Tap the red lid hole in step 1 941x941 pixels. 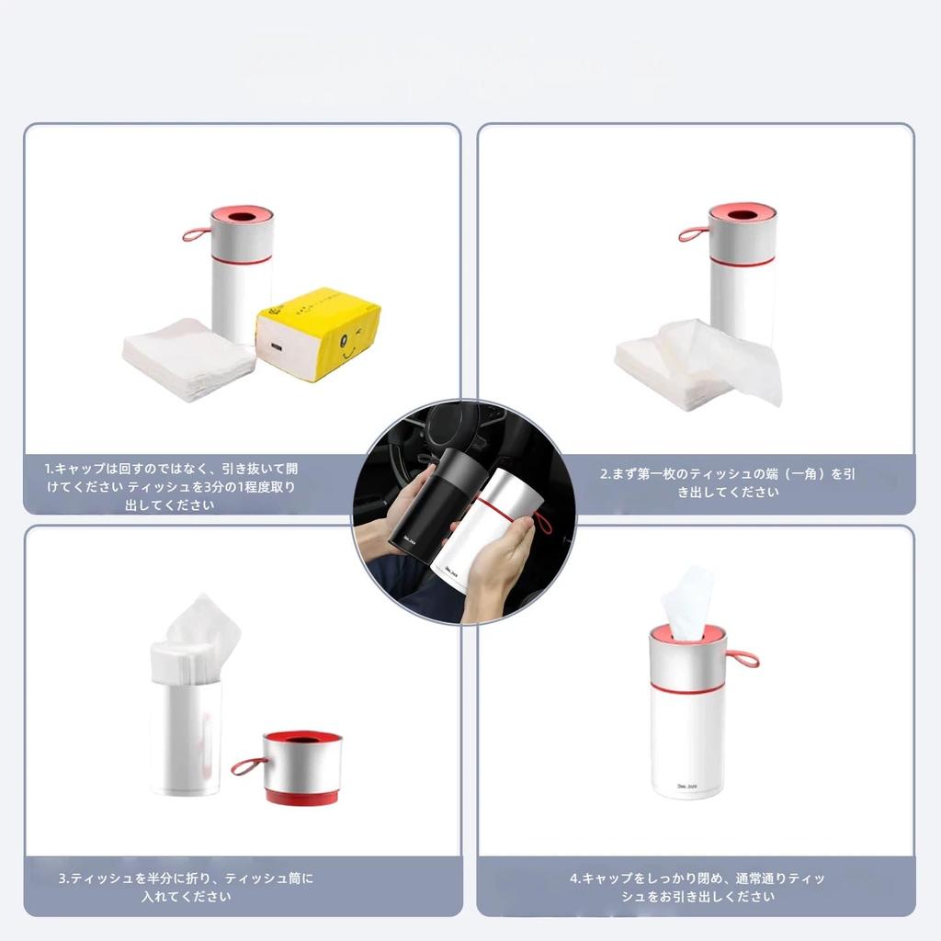click(243, 218)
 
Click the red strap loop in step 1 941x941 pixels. click(195, 234)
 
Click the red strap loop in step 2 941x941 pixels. click(692, 233)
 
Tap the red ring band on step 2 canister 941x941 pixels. click(742, 260)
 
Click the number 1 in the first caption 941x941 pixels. click(48, 469)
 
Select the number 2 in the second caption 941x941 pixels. click(605, 475)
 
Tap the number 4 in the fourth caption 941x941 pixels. click(573, 879)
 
